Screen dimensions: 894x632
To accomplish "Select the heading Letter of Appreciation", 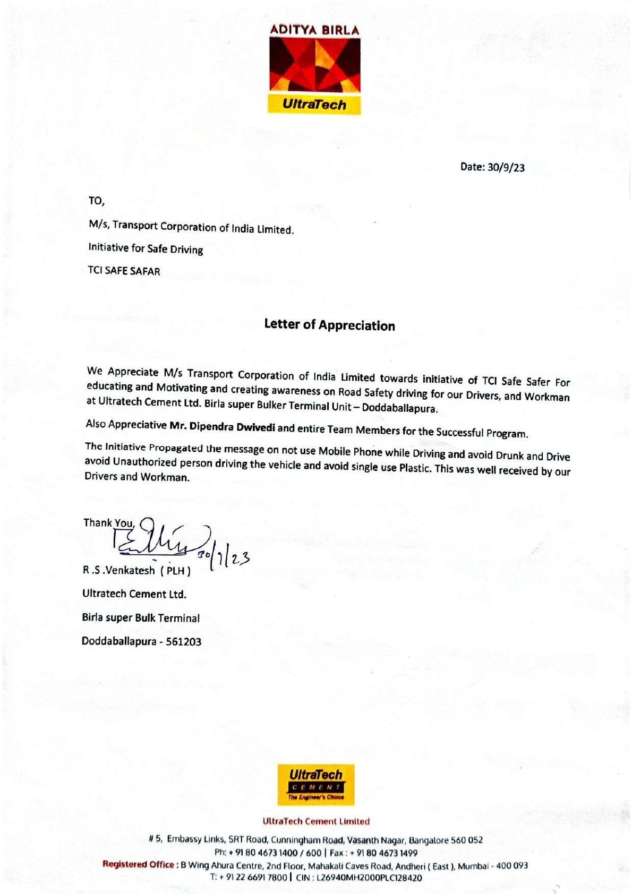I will (329, 325).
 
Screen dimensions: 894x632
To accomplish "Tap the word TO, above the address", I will (97, 201).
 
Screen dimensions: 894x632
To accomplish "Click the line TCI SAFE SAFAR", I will (124, 271).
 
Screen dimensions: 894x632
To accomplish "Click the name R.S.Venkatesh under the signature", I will (119, 571).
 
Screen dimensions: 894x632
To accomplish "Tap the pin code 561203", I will (183, 642).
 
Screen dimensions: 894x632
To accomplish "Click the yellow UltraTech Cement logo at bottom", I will (315, 785).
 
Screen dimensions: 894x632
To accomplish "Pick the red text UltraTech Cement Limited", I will (315, 821).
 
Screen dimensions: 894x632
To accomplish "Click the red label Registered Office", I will (138, 864).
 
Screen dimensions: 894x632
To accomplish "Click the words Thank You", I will (108, 523).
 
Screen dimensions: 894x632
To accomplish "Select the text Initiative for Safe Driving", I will (146, 248).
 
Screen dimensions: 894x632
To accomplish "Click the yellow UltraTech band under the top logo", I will (314, 105).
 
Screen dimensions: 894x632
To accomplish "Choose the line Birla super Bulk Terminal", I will (141, 618).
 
